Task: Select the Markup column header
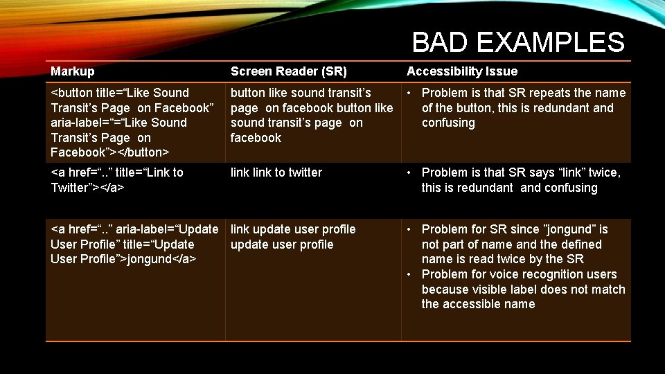click(73, 71)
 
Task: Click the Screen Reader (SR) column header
click(289, 71)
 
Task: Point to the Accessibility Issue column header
click(462, 71)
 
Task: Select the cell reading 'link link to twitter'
click(276, 172)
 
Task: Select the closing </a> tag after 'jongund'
click(185, 259)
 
